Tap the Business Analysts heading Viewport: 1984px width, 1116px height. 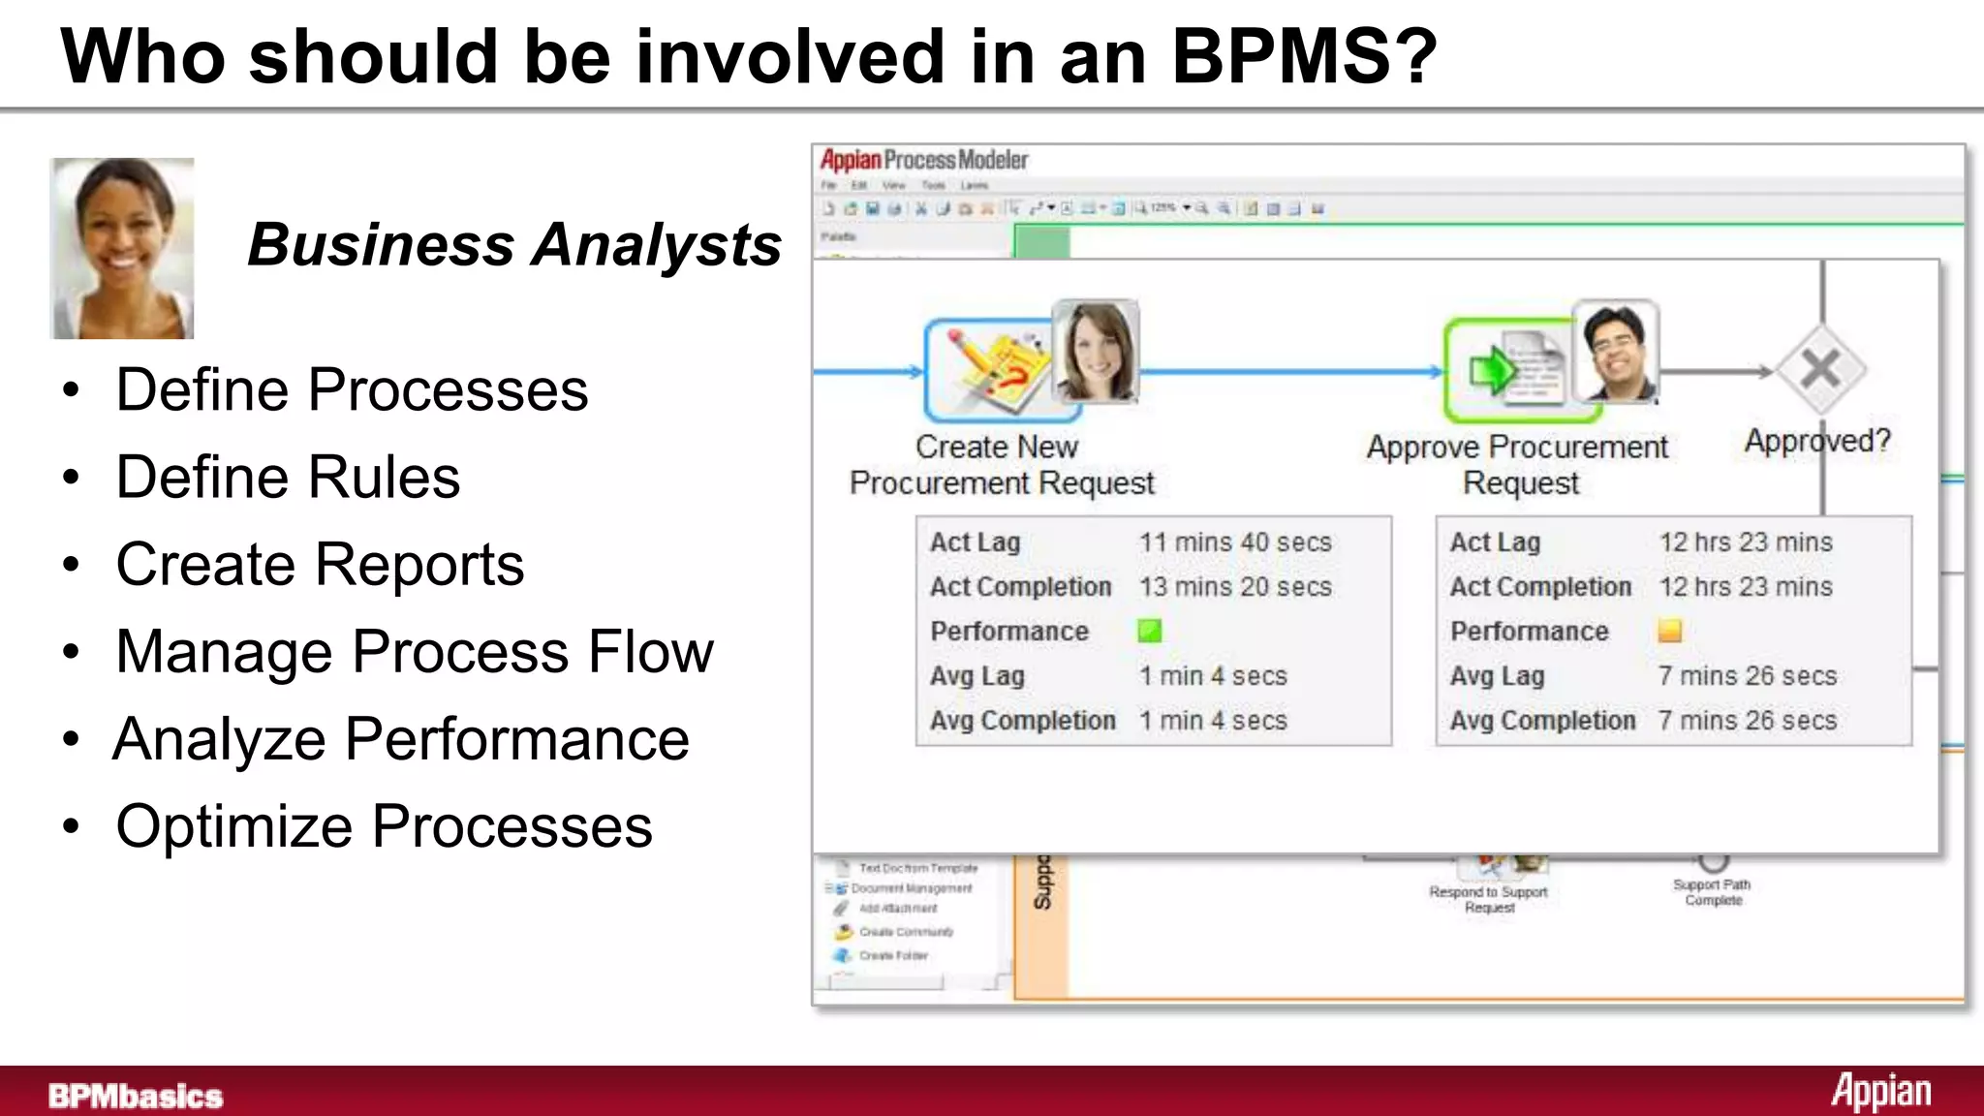(514, 244)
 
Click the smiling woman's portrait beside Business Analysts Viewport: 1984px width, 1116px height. (122, 249)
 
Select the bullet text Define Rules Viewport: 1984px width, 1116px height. (288, 477)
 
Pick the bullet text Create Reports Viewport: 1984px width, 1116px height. (320, 564)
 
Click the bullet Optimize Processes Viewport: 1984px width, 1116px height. (384, 826)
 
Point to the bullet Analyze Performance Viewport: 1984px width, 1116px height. (401, 739)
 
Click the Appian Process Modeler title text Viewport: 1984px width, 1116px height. (923, 160)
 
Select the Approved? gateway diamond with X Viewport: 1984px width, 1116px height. (1820, 369)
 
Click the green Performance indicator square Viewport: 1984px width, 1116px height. (1149, 632)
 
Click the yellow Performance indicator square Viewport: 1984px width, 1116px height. (1669, 632)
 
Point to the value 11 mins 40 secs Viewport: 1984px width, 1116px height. (1235, 542)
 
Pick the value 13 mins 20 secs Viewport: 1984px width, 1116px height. (1235, 587)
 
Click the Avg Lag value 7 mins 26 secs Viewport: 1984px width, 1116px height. (1747, 676)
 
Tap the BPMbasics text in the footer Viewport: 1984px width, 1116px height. (136, 1096)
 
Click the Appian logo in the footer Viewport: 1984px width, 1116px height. (1880, 1092)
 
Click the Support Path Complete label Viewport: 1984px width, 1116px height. (1712, 892)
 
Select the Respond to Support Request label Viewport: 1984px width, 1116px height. (1489, 899)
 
